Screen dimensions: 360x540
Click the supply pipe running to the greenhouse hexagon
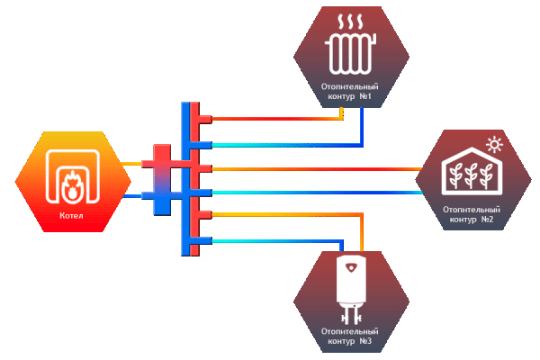pos(315,168)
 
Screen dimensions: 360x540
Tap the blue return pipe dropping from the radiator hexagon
pos(362,126)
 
